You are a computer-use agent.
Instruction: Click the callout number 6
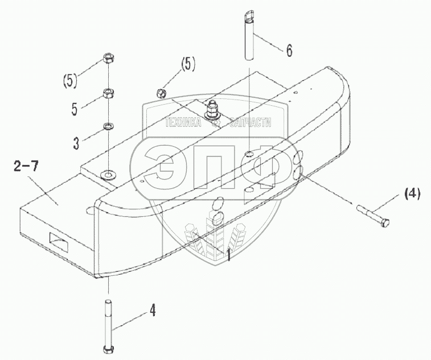tap(289, 51)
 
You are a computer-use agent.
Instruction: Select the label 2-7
tap(26, 167)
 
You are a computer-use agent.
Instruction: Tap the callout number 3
tap(76, 143)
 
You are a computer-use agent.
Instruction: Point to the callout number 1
tap(228, 254)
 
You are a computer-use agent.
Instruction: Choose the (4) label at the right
tap(412, 193)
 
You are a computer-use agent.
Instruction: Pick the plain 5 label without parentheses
tap(74, 109)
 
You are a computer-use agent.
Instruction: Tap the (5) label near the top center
tap(188, 64)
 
